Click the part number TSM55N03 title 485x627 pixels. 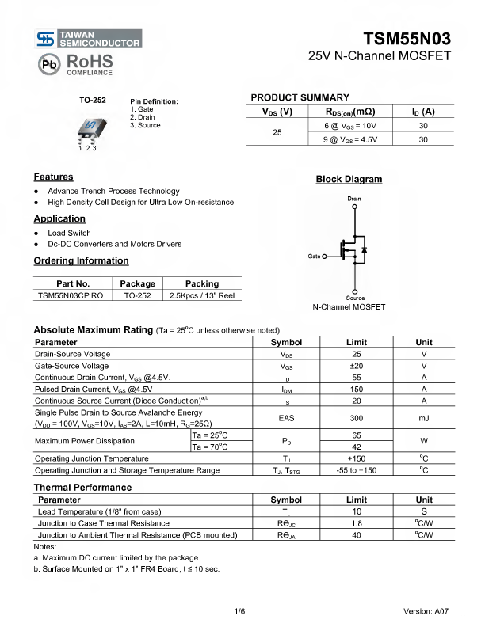click(407, 40)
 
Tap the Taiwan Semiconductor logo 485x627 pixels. click(89, 39)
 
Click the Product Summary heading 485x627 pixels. click(300, 97)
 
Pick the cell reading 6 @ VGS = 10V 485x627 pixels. click(350, 126)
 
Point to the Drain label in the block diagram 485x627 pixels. click(354, 198)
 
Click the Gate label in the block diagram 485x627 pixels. click(315, 256)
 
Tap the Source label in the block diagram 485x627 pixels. click(355, 298)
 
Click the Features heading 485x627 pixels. click(53, 177)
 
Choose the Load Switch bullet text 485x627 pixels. click(69, 234)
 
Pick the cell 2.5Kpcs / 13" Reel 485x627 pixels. click(202, 295)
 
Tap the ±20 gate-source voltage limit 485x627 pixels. click(356, 366)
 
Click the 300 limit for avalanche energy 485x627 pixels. click(356, 417)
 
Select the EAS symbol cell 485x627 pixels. click(286, 417)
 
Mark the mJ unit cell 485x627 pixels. click(424, 417)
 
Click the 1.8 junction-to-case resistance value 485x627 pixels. click(356, 523)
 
